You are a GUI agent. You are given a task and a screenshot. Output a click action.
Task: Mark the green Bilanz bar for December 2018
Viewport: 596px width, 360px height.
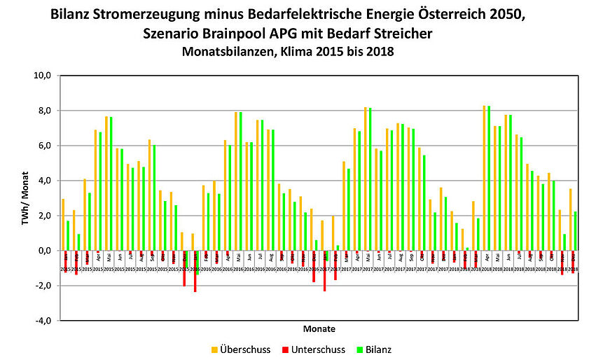point(575,231)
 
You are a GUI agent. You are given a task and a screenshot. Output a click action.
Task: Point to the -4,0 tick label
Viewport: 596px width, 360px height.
point(42,321)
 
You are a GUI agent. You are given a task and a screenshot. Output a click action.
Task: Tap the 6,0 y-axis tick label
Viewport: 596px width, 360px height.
point(43,146)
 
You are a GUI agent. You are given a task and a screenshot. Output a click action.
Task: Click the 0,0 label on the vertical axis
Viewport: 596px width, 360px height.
point(43,251)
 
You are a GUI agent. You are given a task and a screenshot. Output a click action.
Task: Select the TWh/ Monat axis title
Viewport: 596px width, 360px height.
point(25,197)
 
